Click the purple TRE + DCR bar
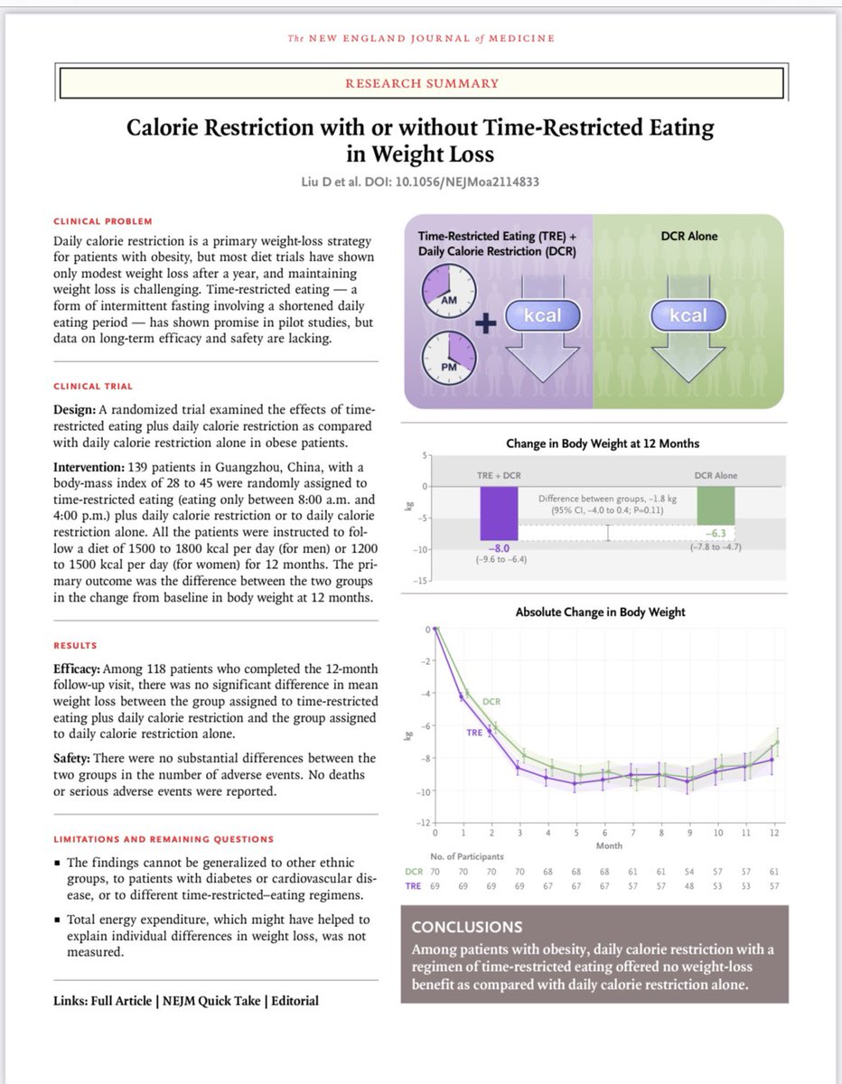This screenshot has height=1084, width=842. pyautogui.click(x=499, y=513)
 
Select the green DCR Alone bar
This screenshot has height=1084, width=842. pyautogui.click(x=716, y=506)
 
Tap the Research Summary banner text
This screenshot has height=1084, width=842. pyautogui.click(x=421, y=83)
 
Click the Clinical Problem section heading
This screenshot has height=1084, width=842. pyautogui.click(x=103, y=221)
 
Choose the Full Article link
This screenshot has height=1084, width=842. pyautogui.click(x=126, y=1001)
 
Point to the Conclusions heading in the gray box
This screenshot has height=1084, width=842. pyautogui.click(x=466, y=928)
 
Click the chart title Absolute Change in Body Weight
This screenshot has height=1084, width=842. pyautogui.click(x=600, y=612)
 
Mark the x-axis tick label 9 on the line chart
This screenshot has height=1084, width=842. pyautogui.click(x=688, y=833)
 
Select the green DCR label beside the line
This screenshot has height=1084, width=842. pyautogui.click(x=492, y=701)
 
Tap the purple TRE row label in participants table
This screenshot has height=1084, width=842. pyautogui.click(x=414, y=887)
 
